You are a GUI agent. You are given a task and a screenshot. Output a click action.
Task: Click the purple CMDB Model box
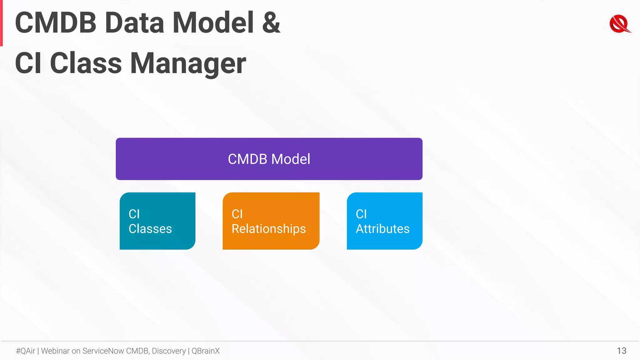coord(269,159)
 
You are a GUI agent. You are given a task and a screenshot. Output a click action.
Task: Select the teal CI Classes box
coord(157,221)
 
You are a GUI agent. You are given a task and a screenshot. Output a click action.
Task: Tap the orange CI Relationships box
coord(271,221)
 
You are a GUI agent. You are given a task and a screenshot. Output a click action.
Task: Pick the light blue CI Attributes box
coord(384,221)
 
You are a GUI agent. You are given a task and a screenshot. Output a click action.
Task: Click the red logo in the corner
coord(620,24)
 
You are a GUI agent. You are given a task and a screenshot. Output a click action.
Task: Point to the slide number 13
coord(621,351)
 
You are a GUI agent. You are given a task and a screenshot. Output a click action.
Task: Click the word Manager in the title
coord(188,63)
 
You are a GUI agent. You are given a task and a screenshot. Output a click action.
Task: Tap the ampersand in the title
coord(271,22)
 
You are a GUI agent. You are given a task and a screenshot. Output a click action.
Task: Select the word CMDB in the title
coord(56,22)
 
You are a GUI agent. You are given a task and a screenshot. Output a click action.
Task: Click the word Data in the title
coord(134,22)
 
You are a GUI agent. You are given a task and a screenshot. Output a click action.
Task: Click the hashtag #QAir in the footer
coord(26,351)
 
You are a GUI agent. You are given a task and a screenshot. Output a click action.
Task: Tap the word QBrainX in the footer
coord(205,351)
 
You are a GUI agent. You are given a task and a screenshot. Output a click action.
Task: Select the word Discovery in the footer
coord(169,351)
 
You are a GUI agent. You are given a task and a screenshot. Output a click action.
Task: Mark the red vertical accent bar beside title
coord(1,23)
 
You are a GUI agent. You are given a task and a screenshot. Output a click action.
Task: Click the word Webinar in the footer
coord(55,351)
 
